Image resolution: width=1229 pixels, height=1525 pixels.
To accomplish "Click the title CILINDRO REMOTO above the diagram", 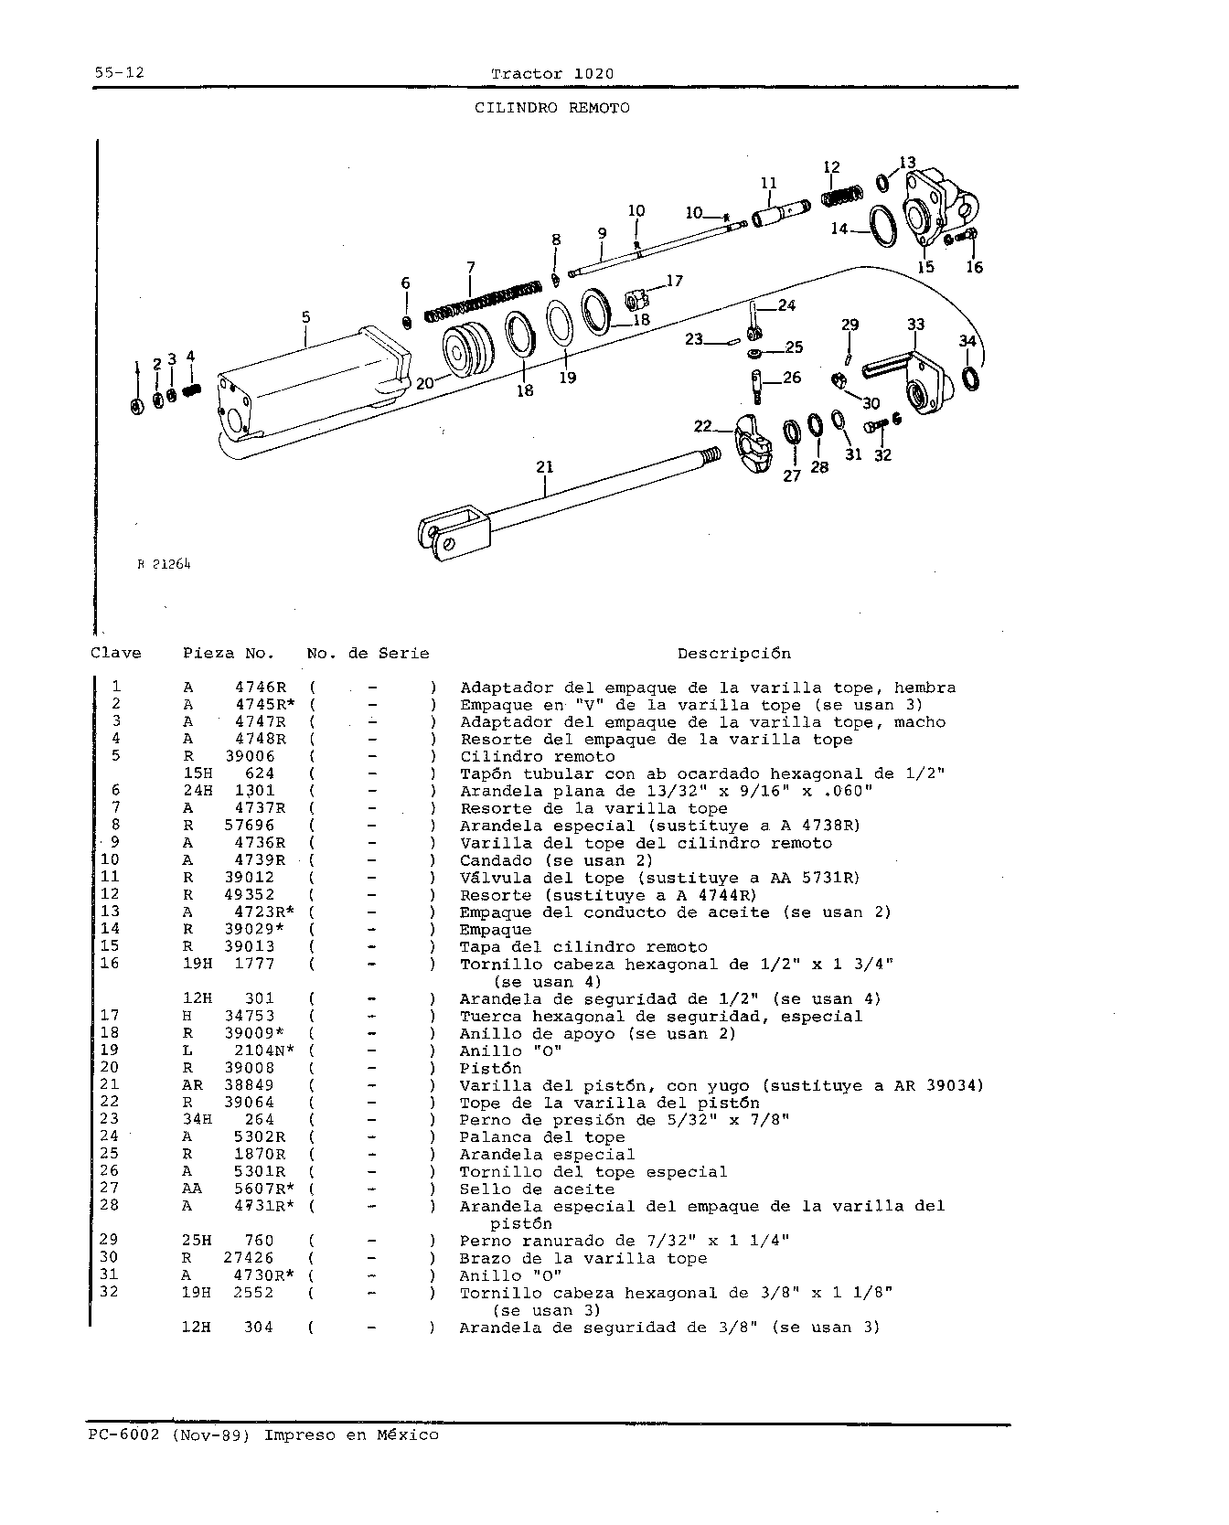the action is (x=551, y=108).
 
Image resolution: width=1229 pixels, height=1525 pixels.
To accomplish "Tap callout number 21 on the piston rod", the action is (x=545, y=467).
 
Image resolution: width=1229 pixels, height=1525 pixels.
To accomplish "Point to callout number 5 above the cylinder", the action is (x=306, y=317).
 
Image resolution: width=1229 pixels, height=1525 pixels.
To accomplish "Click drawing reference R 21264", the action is (x=165, y=564).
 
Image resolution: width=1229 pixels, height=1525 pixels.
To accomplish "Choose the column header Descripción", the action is (x=734, y=654).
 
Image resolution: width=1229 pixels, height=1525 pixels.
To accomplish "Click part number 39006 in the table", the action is (x=250, y=756).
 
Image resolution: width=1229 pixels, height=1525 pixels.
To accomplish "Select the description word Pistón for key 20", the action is (x=490, y=1068).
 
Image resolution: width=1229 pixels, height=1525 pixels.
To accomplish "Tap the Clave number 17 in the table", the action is (x=110, y=1016).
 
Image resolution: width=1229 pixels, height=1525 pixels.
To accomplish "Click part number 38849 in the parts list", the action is (x=250, y=1085).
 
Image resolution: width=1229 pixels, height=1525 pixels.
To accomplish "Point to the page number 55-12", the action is (x=119, y=73).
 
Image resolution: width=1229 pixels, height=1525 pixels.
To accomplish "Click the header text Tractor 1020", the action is (x=552, y=73).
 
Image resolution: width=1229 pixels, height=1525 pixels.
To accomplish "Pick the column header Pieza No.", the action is (x=229, y=654).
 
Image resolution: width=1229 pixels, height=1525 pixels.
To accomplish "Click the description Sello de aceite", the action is (x=537, y=1189).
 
